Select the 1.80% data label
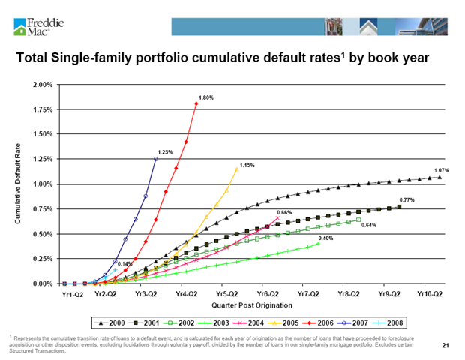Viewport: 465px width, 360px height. pyautogui.click(x=206, y=97)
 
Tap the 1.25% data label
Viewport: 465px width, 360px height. pyautogui.click(x=165, y=152)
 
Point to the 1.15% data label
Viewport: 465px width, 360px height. pyautogui.click(x=247, y=164)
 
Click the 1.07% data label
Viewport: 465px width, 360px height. pyautogui.click(x=441, y=170)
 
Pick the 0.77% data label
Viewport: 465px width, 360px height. pyautogui.click(x=406, y=199)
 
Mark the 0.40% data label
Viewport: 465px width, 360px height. pyautogui.click(x=326, y=238)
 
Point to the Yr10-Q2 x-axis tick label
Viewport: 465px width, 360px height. pyautogui.click(x=430, y=295)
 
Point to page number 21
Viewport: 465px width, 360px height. pyautogui.click(x=445, y=344)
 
